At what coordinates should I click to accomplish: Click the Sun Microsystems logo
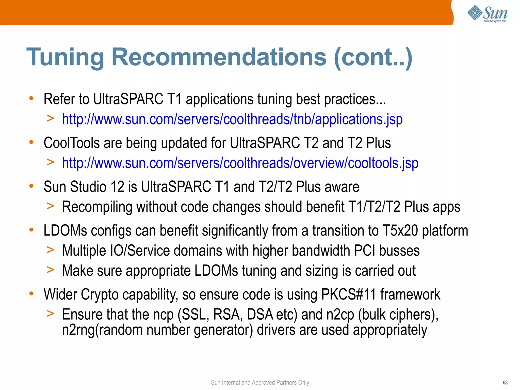487,14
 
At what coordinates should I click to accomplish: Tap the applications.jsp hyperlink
232,119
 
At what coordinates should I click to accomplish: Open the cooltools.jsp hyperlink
240,163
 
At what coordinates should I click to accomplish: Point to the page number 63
505,383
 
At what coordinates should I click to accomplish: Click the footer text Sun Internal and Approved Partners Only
260,383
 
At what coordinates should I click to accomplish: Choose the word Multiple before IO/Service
84,251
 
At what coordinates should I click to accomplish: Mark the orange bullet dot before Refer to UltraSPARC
31,98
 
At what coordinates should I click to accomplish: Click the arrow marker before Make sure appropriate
51,270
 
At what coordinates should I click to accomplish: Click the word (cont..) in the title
373,58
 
